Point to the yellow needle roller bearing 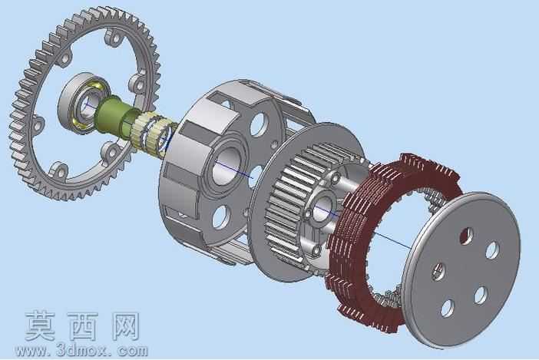point(151,132)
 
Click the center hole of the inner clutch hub point(322,207)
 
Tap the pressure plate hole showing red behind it point(466,236)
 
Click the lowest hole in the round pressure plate point(447,308)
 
